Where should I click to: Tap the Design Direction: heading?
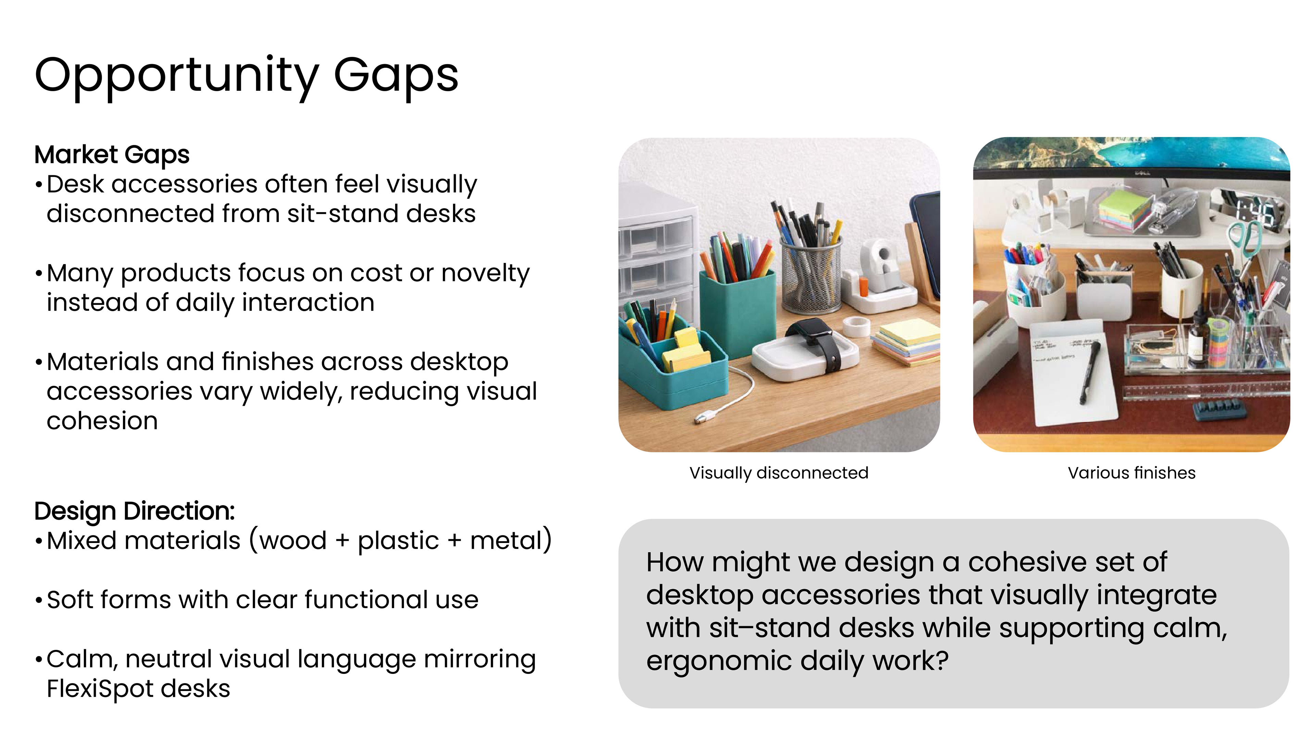click(x=134, y=511)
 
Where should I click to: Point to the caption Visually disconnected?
click(x=778, y=473)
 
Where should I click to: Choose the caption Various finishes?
click(x=1131, y=473)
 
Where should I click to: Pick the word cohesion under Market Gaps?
click(x=102, y=421)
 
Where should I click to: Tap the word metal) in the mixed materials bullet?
click(x=511, y=540)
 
